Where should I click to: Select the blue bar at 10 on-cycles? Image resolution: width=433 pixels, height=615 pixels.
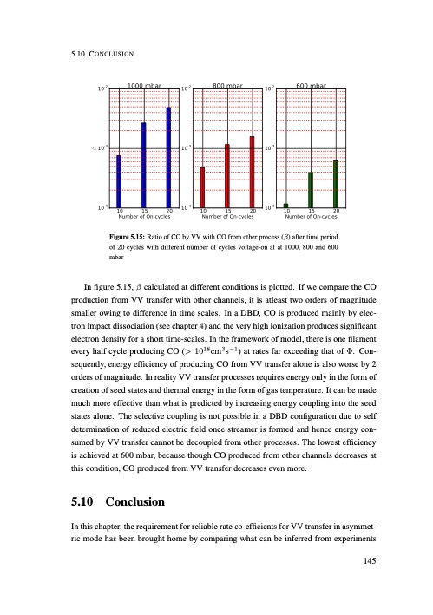tap(119, 181)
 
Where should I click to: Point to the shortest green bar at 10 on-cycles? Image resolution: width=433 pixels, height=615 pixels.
tap(285, 206)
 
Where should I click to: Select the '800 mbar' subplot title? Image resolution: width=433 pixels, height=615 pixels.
tap(227, 87)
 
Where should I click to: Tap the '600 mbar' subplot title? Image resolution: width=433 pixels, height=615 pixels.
tap(311, 87)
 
